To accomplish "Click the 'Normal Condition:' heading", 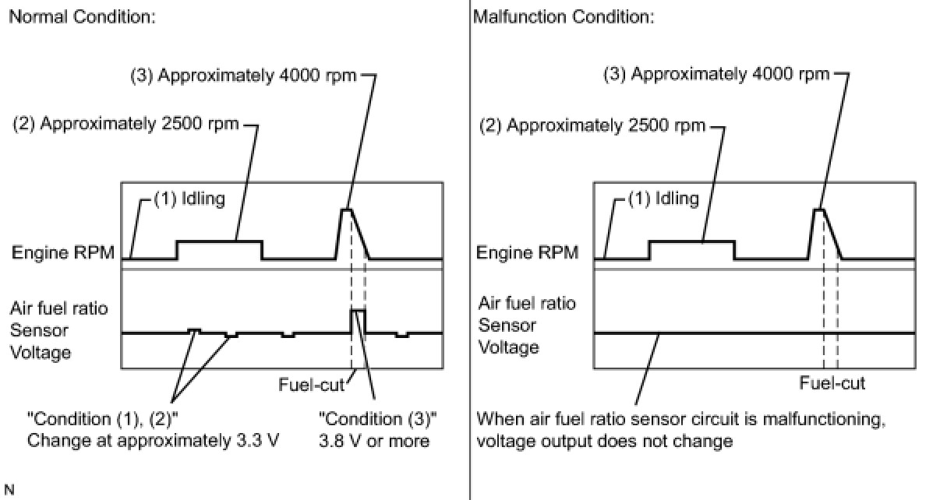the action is click(83, 17).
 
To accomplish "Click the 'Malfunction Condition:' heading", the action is click(564, 17).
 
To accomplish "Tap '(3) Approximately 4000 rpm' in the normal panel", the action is click(243, 76).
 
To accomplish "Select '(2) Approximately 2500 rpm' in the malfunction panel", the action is click(592, 126).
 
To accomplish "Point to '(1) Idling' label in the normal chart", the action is click(189, 199).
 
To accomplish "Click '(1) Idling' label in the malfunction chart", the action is click(664, 199).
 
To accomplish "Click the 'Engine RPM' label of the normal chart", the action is click(63, 252).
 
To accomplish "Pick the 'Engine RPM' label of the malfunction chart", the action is click(528, 252).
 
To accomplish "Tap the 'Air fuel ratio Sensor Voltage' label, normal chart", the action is click(58, 330).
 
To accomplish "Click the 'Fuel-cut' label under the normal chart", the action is click(311, 385).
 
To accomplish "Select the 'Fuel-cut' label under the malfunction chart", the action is click(832, 383).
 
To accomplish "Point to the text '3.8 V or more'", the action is click(374, 442).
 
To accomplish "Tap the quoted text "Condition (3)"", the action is click(378, 419).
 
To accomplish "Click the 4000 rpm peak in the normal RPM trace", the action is click(346, 210).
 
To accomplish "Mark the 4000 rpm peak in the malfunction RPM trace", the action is click(818, 210).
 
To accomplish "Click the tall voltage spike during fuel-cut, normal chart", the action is click(358, 311).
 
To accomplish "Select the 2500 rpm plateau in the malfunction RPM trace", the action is click(692, 241).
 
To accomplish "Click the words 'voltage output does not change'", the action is click(605, 442).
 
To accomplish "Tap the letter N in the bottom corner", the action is click(9, 490).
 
